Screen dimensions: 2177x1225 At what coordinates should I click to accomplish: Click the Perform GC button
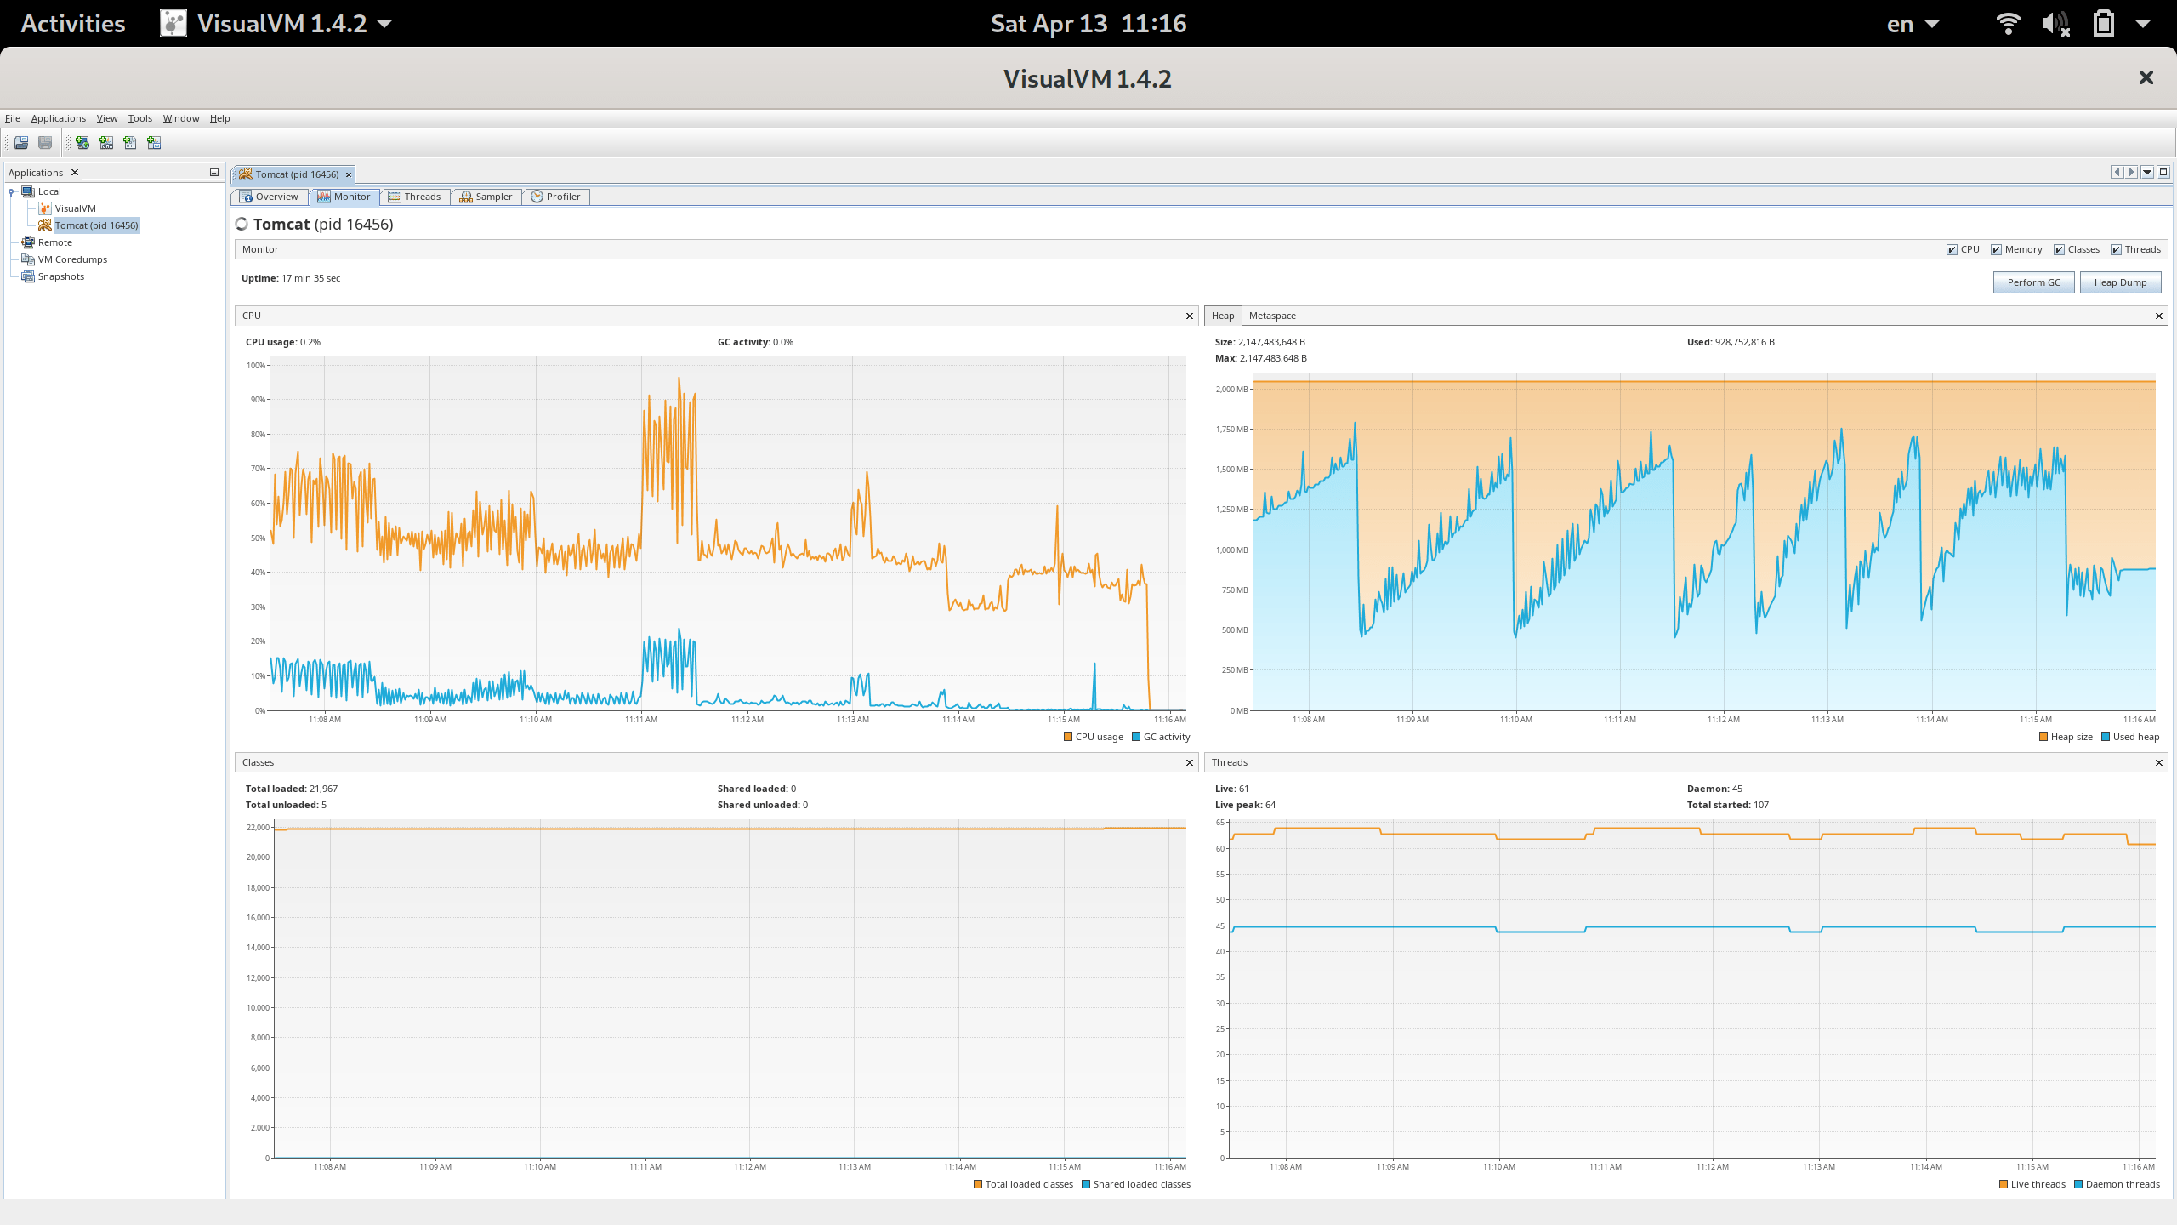[x=2033, y=282]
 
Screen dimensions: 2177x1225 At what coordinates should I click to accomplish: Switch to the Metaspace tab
[x=1272, y=316]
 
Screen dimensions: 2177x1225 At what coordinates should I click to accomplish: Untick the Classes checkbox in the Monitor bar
[x=2059, y=249]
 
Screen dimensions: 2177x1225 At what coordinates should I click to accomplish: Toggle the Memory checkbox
[x=1996, y=249]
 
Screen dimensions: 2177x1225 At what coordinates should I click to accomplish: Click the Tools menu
[x=140, y=118]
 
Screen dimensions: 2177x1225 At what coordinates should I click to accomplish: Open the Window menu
[x=181, y=118]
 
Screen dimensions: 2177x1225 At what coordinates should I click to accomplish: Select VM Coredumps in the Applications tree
[x=72, y=259]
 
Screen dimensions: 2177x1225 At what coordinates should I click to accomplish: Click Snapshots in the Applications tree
[x=61, y=276]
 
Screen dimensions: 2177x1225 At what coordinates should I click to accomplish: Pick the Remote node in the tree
[x=55, y=242]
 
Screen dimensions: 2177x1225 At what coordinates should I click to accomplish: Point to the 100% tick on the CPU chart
[x=256, y=366]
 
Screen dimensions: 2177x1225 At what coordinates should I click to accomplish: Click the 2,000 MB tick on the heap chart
[x=1231, y=390]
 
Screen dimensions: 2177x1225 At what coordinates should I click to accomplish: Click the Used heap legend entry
[x=2130, y=737]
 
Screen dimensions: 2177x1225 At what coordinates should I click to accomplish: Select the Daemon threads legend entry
[x=2117, y=1184]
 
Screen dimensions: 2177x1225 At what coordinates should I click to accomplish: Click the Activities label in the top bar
[x=73, y=24]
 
